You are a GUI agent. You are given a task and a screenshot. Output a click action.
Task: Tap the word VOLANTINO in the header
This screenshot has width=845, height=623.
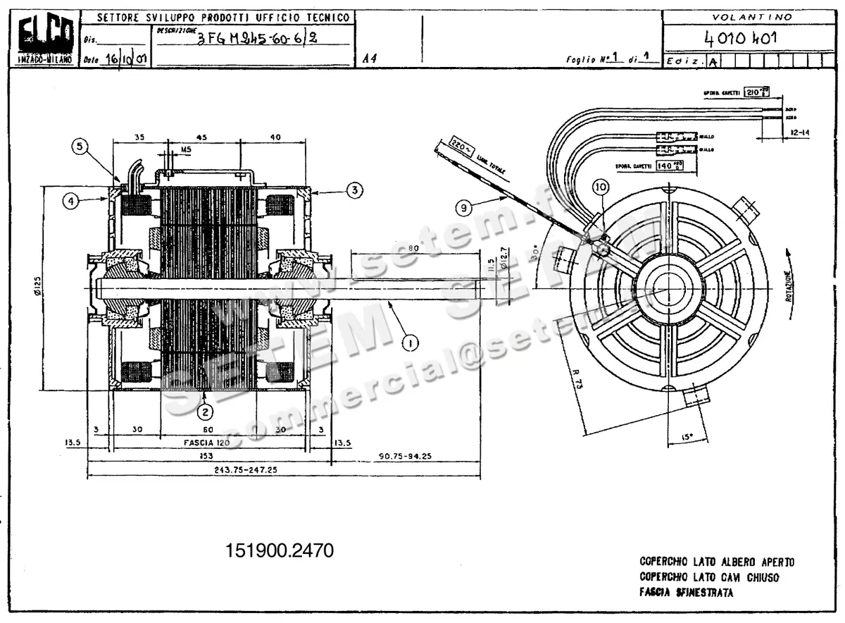pyautogui.click(x=751, y=17)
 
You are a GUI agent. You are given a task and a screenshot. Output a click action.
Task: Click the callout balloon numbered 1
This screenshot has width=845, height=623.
pyautogui.click(x=410, y=343)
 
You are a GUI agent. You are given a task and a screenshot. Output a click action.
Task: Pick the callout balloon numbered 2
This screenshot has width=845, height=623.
pyautogui.click(x=204, y=412)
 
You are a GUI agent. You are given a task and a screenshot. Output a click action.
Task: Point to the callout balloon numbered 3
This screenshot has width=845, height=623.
pyautogui.click(x=354, y=190)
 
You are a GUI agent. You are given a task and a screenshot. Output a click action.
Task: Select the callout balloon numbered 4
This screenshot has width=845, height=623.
pyautogui.click(x=70, y=202)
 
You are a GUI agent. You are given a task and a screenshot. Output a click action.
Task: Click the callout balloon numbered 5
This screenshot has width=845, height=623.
pyautogui.click(x=81, y=147)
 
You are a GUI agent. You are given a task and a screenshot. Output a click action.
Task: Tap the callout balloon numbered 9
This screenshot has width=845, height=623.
pyautogui.click(x=463, y=207)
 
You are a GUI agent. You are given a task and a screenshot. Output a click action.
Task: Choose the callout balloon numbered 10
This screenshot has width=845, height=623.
pyautogui.click(x=600, y=187)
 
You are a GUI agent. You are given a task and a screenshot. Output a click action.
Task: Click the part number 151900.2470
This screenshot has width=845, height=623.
pyautogui.click(x=280, y=550)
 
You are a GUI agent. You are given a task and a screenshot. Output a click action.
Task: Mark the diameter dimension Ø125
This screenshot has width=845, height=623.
pyautogui.click(x=37, y=288)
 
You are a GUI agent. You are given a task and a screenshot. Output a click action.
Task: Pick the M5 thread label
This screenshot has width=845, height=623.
pyautogui.click(x=166, y=150)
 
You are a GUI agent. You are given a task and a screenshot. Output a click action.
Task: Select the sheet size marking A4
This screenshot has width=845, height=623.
pyautogui.click(x=370, y=59)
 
